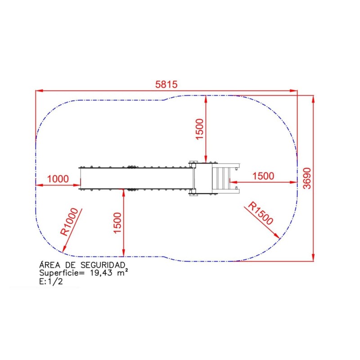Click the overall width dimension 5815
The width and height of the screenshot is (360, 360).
tap(166, 85)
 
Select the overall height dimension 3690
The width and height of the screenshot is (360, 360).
tap(307, 178)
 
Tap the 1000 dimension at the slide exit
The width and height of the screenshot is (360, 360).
tap(58, 179)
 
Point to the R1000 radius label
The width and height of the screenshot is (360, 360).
tap(69, 221)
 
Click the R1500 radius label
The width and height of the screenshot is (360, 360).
tap(261, 213)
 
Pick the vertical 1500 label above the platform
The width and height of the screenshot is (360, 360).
tap(199, 129)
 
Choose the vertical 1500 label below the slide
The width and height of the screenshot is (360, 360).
tap(117, 223)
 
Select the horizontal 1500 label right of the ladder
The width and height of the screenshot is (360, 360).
tap(263, 176)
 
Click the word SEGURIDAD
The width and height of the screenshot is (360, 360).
tap(103, 265)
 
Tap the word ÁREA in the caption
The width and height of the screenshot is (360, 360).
tap(50, 265)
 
